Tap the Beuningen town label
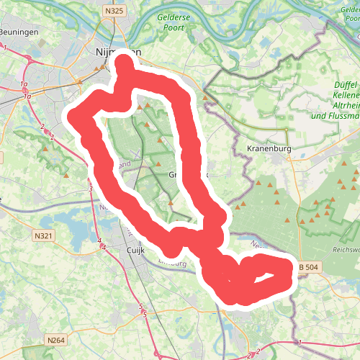click(x=18, y=32)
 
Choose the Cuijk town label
click(x=136, y=250)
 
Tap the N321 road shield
click(x=44, y=235)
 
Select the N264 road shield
click(x=55, y=339)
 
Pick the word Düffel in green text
click(x=346, y=85)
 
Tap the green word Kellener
click(x=347, y=95)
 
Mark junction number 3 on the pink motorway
click(x=91, y=189)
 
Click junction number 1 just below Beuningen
click(x=5, y=47)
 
